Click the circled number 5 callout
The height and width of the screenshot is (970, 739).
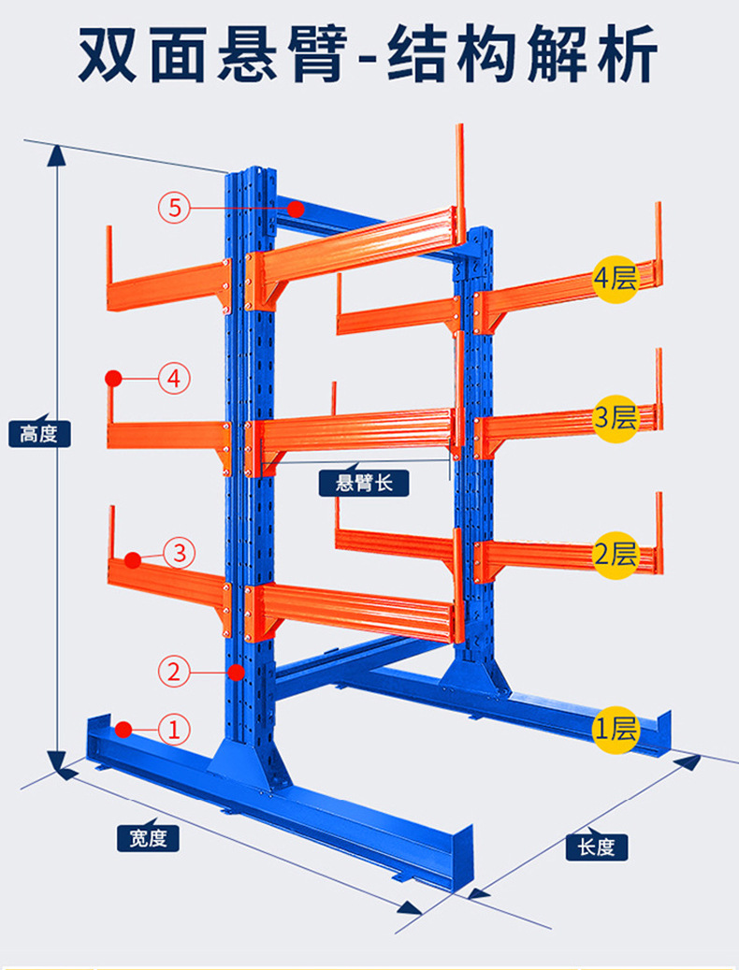click(x=174, y=208)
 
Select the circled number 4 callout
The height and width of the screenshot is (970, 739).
click(x=174, y=378)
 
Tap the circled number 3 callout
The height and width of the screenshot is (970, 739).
click(x=180, y=553)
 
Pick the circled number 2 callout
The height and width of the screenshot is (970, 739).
click(x=174, y=672)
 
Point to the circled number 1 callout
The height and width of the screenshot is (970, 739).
click(x=174, y=730)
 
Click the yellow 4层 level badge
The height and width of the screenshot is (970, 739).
click(x=615, y=279)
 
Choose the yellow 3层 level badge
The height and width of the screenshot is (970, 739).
click(x=615, y=419)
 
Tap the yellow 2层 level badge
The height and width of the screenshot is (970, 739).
click(x=615, y=555)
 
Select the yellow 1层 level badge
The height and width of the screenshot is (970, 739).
click(x=615, y=730)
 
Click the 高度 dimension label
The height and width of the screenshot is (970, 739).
click(x=39, y=434)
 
